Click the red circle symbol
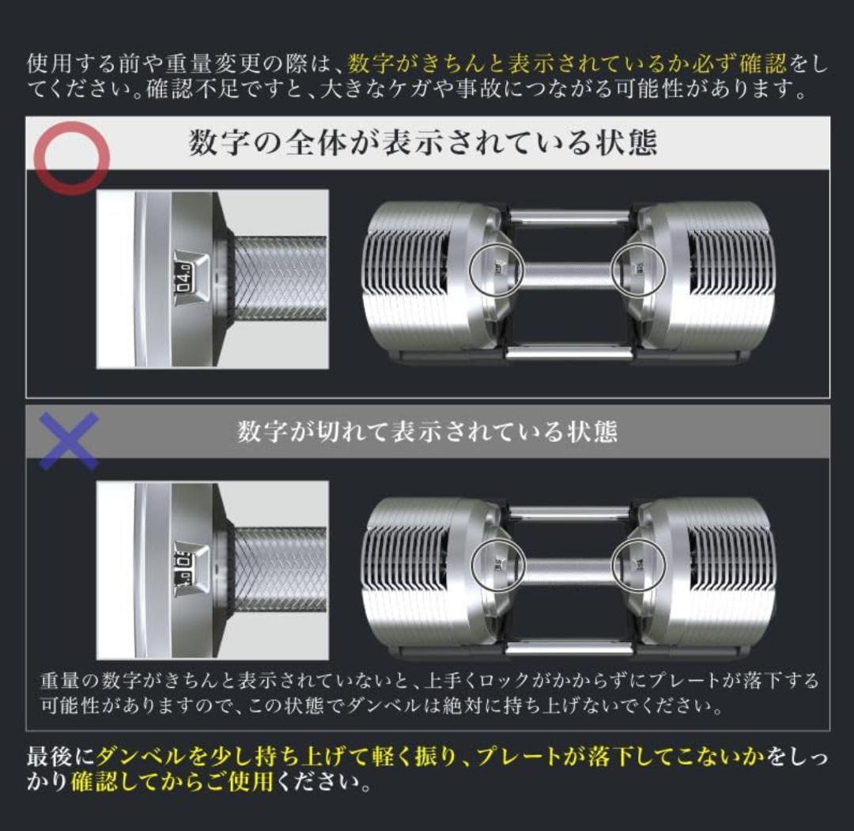pos(72,157)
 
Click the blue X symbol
pos(69,440)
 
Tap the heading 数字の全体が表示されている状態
pos(423,143)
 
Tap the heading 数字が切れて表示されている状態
pos(427,432)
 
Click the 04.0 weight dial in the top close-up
pos(185,278)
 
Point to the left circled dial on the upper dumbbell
pos(497,268)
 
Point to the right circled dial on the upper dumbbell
pos(639,268)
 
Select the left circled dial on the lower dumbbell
pos(498,564)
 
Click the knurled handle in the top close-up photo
pos(281,278)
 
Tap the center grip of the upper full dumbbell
pos(568,274)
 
